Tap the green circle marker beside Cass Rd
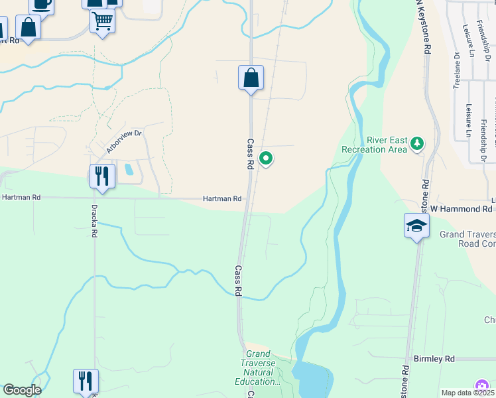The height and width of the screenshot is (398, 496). click(266, 158)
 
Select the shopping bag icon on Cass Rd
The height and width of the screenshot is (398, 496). click(251, 78)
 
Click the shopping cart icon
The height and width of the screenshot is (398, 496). click(102, 21)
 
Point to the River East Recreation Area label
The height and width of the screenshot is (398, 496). click(373, 145)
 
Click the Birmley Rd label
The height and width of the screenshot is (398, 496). click(434, 359)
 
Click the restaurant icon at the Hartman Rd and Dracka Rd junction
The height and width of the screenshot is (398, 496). click(102, 176)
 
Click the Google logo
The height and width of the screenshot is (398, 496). click(21, 390)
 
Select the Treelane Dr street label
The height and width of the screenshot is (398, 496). click(457, 70)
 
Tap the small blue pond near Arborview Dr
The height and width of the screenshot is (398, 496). click(129, 169)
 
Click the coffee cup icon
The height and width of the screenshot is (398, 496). click(41, 4)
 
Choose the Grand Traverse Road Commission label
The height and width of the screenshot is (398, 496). click(468, 239)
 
